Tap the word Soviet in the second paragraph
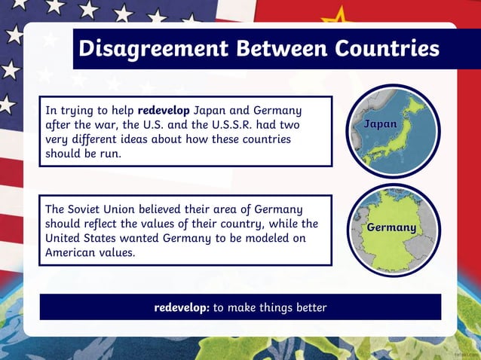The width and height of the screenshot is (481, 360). [x=90, y=209]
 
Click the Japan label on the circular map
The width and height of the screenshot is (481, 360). [x=381, y=124]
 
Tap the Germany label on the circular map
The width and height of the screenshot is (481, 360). [x=391, y=227]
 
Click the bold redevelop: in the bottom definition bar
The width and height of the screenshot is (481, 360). [x=181, y=307]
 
